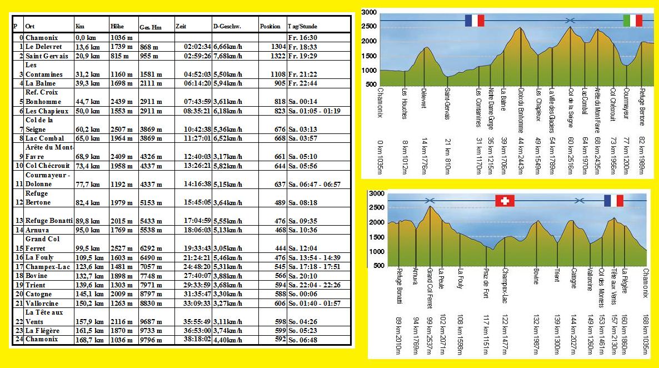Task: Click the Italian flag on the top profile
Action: [x=630, y=21]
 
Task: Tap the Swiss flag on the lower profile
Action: [x=505, y=201]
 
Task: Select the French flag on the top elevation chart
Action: [x=475, y=21]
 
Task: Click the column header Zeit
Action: [x=181, y=26]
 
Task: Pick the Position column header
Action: [x=270, y=26]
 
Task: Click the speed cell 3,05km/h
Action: [x=228, y=247]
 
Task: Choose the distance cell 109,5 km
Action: [x=88, y=257]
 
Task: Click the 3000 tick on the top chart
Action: [x=369, y=12]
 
